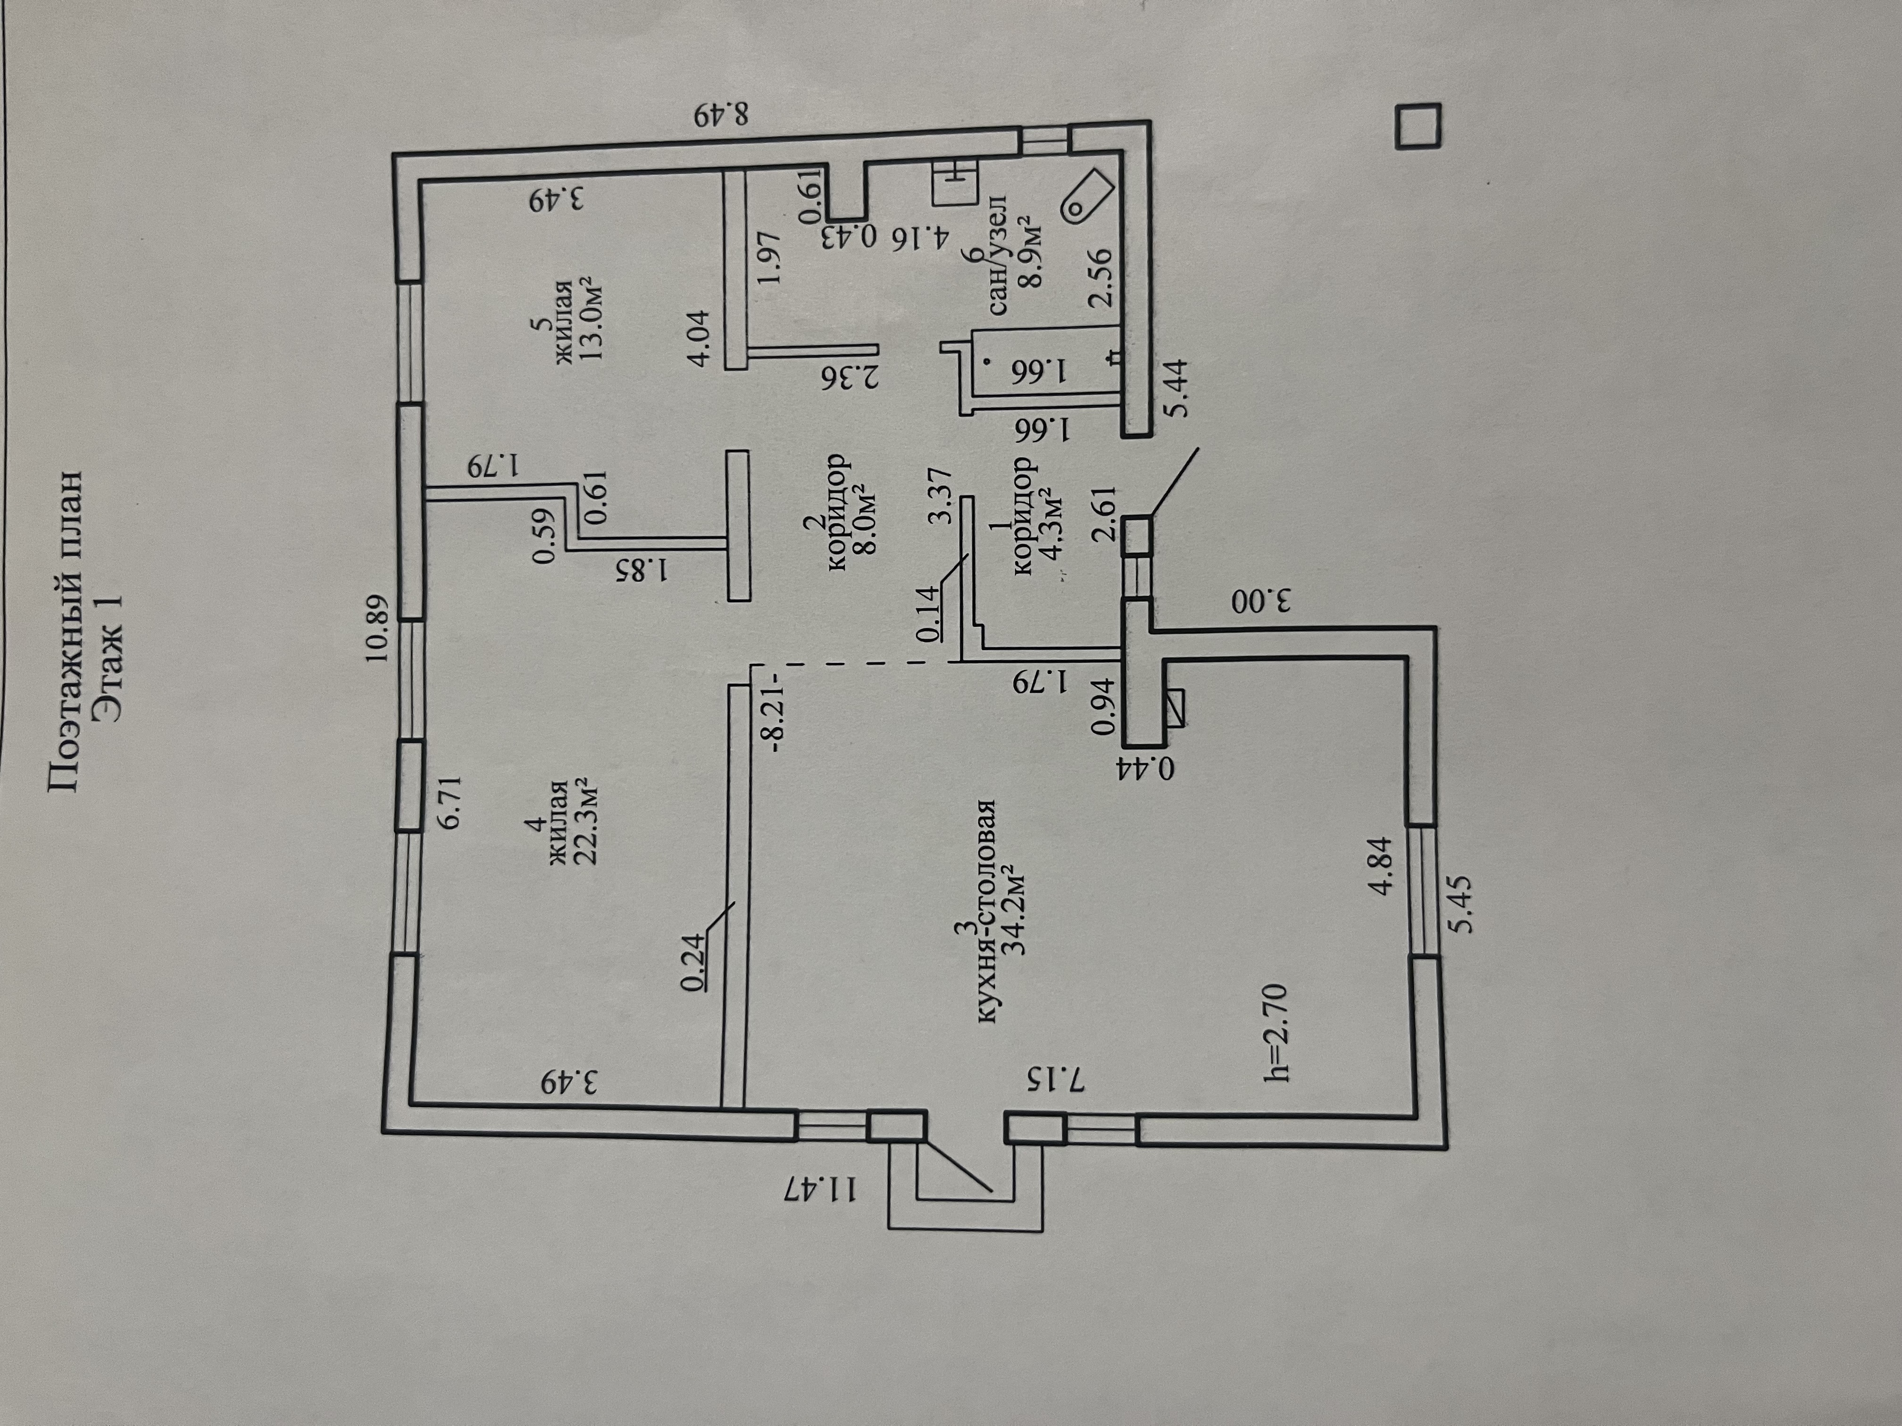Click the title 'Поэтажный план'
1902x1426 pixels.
click(x=66, y=633)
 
